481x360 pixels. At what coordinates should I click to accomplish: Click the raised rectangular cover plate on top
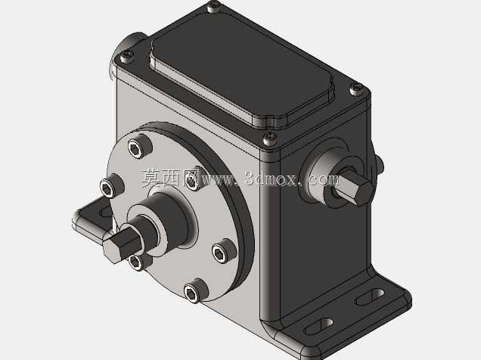pyautogui.click(x=242, y=76)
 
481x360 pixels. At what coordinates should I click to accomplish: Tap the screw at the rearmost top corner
pyautogui.click(x=214, y=6)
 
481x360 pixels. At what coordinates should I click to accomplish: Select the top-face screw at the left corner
pyautogui.click(x=126, y=56)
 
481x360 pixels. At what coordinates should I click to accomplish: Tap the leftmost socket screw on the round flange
pyautogui.click(x=110, y=187)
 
